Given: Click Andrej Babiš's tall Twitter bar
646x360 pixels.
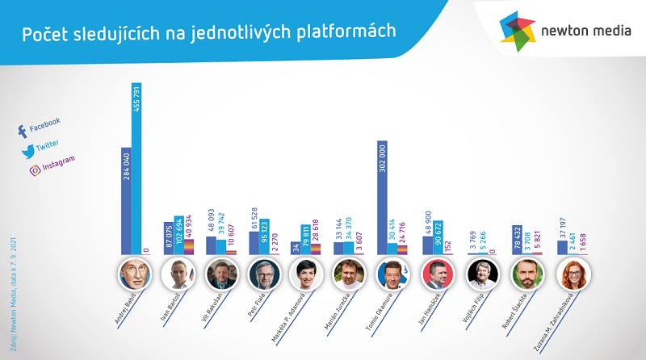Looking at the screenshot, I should pyautogui.click(x=136, y=170).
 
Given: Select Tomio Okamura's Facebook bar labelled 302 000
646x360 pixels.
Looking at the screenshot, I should pyautogui.click(x=382, y=198).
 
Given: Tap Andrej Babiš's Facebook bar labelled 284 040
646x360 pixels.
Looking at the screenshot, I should pyautogui.click(x=126, y=202).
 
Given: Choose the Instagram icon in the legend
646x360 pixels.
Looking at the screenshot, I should pyautogui.click(x=35, y=170).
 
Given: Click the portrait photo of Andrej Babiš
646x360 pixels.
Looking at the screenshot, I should pyautogui.click(x=132, y=275).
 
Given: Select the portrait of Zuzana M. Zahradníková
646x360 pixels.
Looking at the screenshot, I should pyautogui.click(x=574, y=275).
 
